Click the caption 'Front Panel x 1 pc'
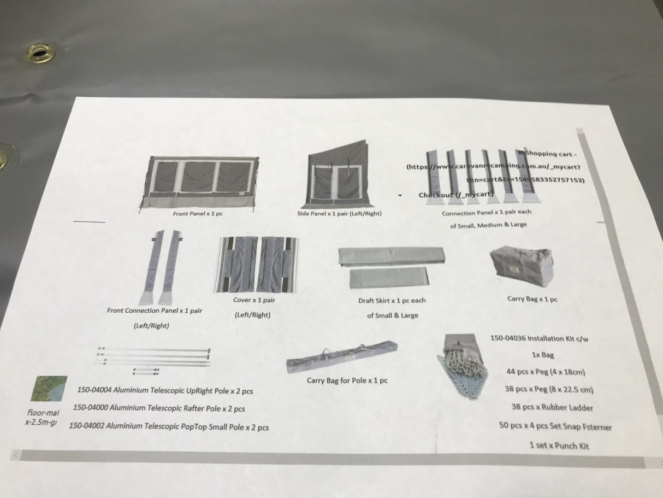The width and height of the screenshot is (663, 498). [x=198, y=214]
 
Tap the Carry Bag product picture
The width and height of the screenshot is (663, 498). [x=521, y=267]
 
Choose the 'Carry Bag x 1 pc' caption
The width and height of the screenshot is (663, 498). [x=532, y=299]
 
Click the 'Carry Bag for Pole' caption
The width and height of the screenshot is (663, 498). [x=348, y=380]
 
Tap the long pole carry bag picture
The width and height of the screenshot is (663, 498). [x=341, y=357]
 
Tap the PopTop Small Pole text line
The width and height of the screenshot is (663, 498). [x=169, y=427]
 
